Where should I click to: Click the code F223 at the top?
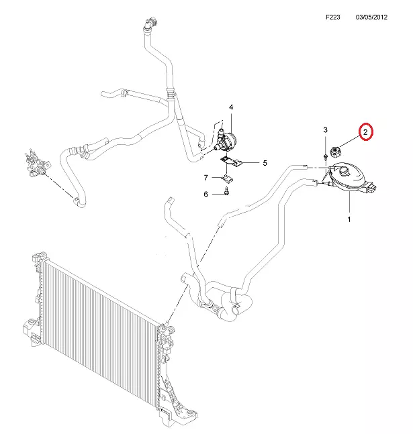332,17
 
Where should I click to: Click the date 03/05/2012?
371,17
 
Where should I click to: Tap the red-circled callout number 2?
365,132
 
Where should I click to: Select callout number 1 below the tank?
349,219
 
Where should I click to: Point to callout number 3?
326,129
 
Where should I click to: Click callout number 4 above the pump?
231,107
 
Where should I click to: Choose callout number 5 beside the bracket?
265,163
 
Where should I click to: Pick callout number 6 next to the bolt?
205,195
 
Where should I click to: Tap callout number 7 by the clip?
206,178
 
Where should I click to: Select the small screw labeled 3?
326,158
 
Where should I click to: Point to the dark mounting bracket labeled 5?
230,162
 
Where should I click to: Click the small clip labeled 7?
228,178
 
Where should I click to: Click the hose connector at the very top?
150,23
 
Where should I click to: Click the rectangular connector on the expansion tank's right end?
371,187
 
